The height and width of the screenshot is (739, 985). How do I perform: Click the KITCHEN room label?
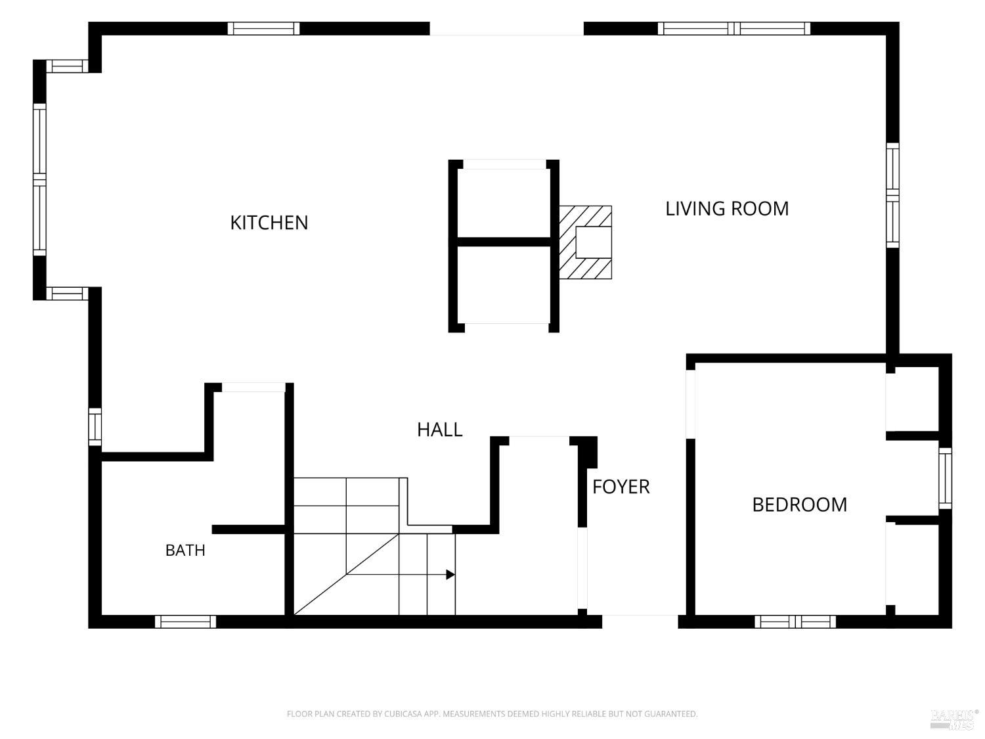point(269,223)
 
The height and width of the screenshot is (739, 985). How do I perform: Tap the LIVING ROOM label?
point(726,209)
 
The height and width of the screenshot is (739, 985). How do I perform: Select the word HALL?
point(439,430)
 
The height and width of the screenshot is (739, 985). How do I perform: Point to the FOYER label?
point(621,487)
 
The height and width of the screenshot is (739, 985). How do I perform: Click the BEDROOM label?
point(799,504)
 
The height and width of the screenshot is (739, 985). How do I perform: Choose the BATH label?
point(185,550)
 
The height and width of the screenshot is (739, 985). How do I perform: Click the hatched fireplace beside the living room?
point(585,242)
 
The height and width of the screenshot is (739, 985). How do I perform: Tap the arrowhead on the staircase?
point(450,574)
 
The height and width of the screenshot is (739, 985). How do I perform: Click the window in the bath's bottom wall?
point(185,621)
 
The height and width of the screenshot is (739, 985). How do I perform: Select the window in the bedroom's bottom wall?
point(795,621)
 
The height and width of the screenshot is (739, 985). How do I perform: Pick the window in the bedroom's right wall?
point(944,478)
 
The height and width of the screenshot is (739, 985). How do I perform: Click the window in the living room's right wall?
point(892,195)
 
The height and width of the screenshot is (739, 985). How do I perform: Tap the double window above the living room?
point(733,28)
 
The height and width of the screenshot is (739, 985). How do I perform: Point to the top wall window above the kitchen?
point(263,28)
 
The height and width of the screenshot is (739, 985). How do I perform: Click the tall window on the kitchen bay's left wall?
point(39,179)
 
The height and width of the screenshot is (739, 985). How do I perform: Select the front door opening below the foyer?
point(640,621)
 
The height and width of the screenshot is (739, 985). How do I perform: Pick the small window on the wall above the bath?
point(95,427)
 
